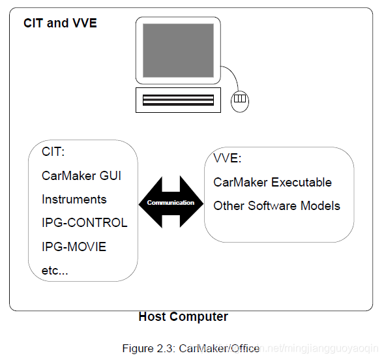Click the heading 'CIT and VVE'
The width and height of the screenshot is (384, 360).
[60, 23]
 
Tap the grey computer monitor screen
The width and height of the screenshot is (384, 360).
[178, 50]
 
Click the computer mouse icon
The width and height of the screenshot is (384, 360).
[240, 102]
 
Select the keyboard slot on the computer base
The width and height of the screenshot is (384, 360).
[178, 100]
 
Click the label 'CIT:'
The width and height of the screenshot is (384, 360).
[53, 151]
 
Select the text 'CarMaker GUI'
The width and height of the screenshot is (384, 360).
[81, 175]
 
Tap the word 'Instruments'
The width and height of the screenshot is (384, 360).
[74, 199]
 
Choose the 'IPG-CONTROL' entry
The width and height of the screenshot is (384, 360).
[85, 222]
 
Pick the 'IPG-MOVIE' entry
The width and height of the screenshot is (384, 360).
[74, 247]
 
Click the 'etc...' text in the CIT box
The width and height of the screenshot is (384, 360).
[55, 271]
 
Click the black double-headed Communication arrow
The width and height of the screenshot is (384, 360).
[171, 202]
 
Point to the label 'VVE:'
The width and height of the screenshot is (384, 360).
[228, 158]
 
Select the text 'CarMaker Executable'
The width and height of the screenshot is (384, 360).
[273, 182]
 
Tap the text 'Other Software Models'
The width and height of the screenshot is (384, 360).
[276, 205]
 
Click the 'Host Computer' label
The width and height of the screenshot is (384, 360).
[183, 317]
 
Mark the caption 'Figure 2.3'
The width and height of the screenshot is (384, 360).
[149, 348]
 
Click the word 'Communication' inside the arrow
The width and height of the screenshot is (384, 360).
[171, 203]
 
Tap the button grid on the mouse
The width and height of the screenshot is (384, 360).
[240, 98]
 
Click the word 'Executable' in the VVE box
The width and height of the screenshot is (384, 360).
[301, 182]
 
